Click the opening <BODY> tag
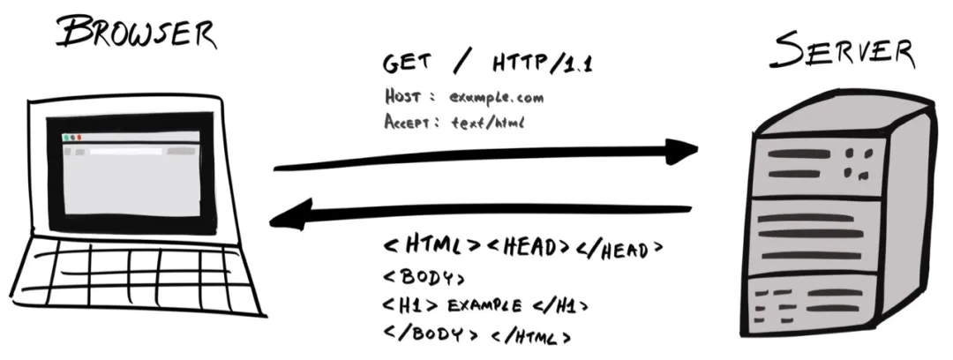point(424,277)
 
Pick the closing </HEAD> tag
point(615,248)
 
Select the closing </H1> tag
point(559,306)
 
